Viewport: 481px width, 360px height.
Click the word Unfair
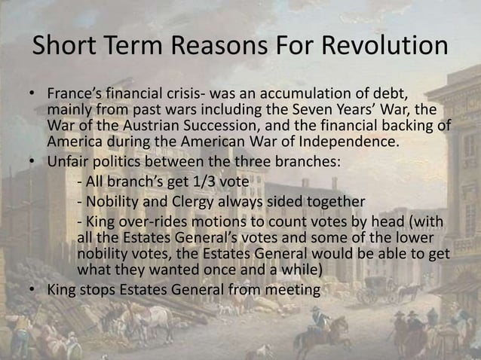click(x=67, y=162)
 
